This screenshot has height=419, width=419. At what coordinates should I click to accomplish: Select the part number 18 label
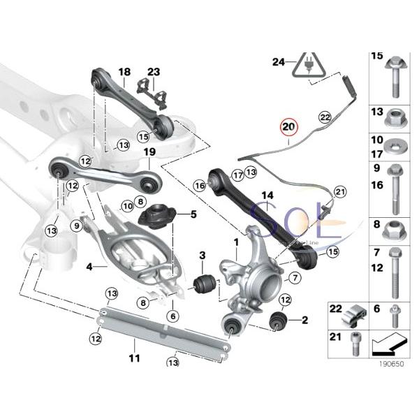[x=124, y=72]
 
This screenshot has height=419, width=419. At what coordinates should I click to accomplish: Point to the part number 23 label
[x=154, y=72]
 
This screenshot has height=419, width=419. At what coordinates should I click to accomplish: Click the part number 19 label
[x=149, y=152]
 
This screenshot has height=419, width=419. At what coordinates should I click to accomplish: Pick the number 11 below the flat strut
[x=134, y=358]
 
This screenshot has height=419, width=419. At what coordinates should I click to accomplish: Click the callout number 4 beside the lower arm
[x=89, y=266]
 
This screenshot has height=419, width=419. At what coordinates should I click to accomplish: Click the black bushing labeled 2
[x=279, y=322]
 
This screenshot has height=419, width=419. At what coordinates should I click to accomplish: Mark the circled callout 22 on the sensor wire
[x=324, y=117]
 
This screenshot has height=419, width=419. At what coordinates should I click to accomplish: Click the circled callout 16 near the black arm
[x=200, y=186]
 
